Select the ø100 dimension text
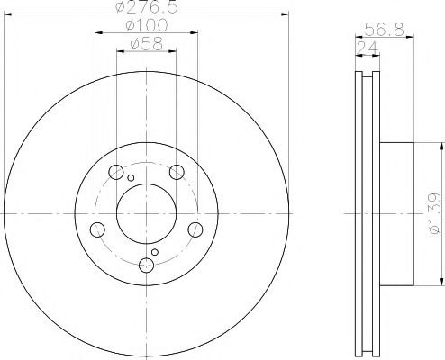pyautogui.click(x=147, y=27)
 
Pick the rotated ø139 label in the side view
pyautogui.click(x=433, y=213)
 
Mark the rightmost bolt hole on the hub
pyautogui.click(x=195, y=230)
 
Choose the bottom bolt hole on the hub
pyautogui.click(x=147, y=265)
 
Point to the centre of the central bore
pyautogui.click(x=147, y=214)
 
